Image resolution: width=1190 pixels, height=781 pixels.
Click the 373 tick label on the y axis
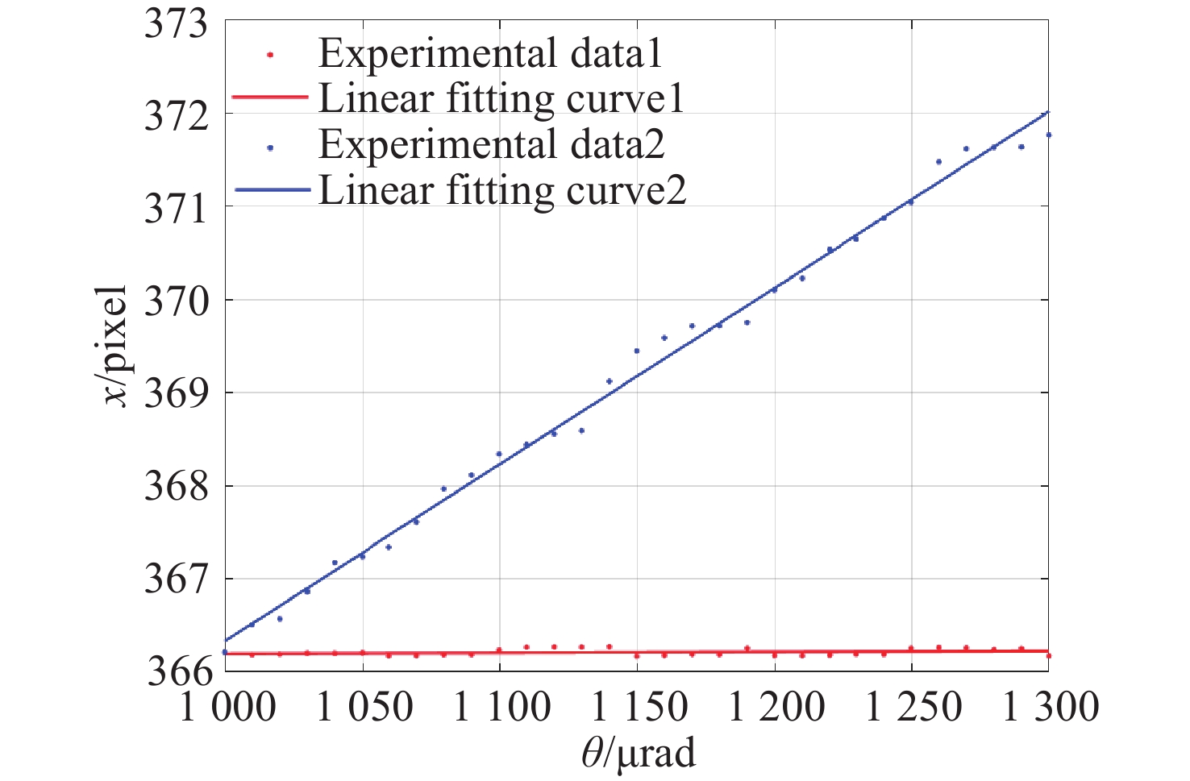tap(175, 23)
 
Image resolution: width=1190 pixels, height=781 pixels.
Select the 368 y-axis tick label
tap(175, 488)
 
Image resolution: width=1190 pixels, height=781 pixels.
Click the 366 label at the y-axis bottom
tap(177, 671)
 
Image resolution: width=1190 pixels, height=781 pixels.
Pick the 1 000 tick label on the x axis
tap(227, 708)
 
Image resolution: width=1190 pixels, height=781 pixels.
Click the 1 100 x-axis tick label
tap(502, 708)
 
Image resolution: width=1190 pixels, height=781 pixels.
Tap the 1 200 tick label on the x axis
tap(776, 708)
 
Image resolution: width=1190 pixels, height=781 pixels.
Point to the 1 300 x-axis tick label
tap(1051, 708)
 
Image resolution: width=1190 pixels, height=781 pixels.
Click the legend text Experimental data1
tap(490, 54)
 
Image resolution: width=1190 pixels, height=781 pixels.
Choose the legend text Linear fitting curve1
tap(501, 98)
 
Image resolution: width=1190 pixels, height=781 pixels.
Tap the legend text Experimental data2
tap(491, 144)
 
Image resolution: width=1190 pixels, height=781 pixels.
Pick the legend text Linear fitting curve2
tap(502, 190)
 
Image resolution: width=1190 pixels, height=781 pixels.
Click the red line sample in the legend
tap(270, 98)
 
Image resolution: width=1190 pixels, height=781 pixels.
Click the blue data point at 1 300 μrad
tap(1048, 135)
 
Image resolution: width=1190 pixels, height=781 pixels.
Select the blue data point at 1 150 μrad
tap(636, 351)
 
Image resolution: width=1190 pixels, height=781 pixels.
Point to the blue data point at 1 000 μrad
tap(225, 651)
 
